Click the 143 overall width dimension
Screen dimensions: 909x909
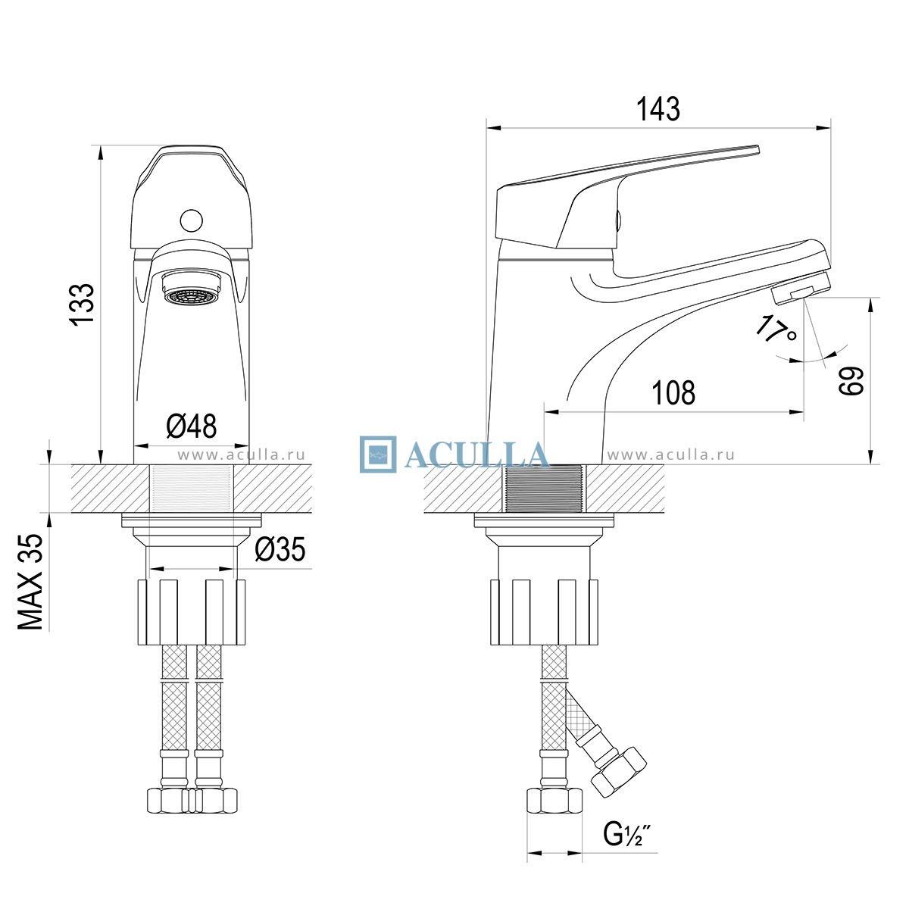coord(658,109)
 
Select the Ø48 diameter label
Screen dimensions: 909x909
coord(192,426)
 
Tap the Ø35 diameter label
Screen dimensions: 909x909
coord(280,549)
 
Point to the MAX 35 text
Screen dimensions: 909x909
coord(30,582)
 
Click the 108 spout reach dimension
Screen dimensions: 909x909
coord(673,393)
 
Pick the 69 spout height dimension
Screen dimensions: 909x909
coord(851,381)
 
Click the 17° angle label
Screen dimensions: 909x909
coord(776,329)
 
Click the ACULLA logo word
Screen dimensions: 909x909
coord(476,455)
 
